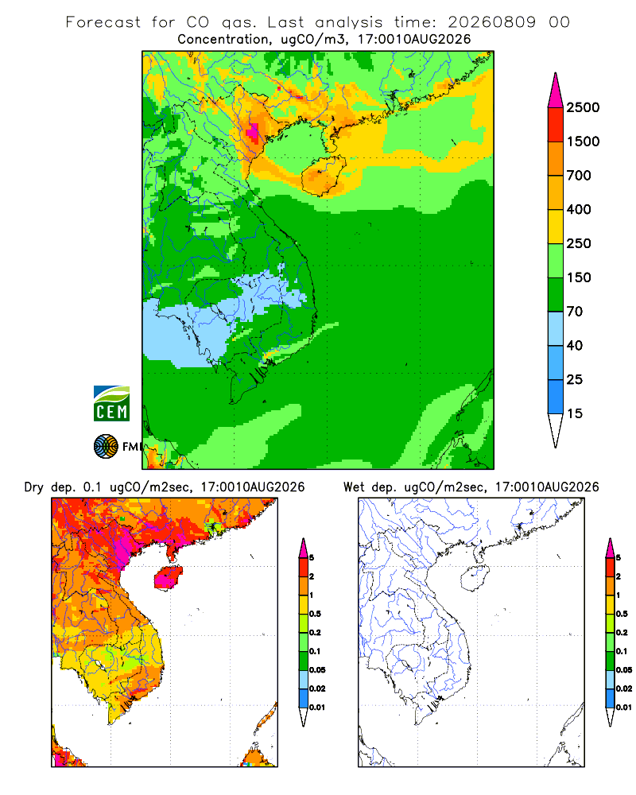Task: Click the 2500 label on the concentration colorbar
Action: [583, 107]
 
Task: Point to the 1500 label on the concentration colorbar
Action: [583, 142]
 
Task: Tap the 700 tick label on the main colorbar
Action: [579, 176]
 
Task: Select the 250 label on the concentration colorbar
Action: [579, 243]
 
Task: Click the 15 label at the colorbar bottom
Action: [575, 413]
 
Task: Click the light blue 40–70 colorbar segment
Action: [556, 328]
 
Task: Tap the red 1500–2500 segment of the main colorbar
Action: [556, 125]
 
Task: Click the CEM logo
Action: [111, 404]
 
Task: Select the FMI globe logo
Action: [106, 447]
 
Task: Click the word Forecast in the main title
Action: [103, 22]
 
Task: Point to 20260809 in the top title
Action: [491, 22]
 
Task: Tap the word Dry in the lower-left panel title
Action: [34, 487]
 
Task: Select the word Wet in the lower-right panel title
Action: [354, 487]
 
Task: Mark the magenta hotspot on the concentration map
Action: [252, 131]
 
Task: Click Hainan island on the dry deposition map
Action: [169, 577]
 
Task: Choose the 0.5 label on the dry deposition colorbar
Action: [315, 614]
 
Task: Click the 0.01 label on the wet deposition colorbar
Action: [624, 708]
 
